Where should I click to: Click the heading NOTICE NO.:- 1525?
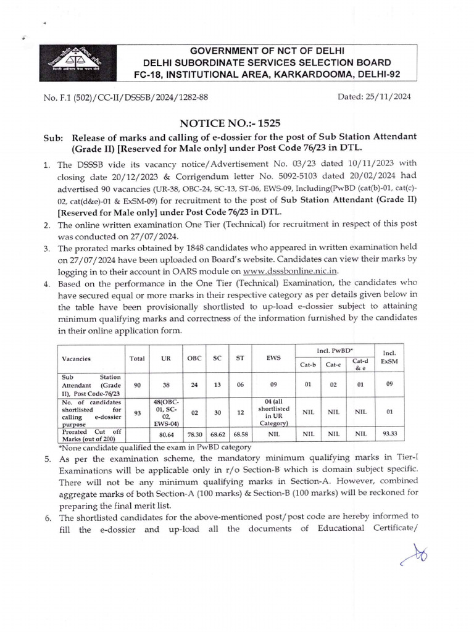236,123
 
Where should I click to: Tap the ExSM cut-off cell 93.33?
389,434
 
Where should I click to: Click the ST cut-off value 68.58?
238,434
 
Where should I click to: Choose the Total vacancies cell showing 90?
137,385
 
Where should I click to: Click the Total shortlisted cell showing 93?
137,411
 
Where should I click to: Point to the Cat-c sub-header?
334,364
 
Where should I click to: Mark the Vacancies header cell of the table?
76,358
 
